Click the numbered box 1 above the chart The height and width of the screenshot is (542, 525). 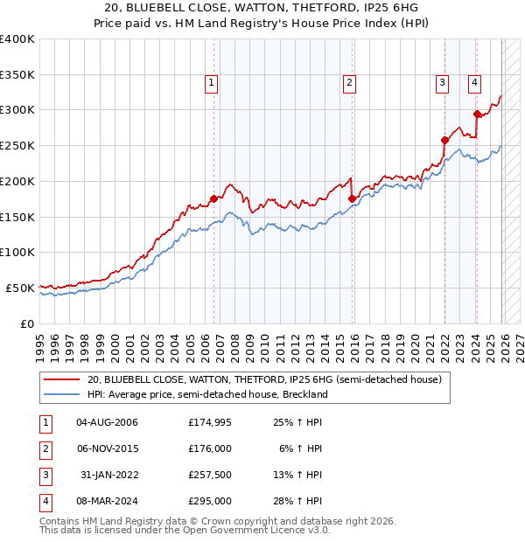point(212,83)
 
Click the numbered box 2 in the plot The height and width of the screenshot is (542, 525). point(349,83)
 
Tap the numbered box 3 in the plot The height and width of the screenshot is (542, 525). point(442,83)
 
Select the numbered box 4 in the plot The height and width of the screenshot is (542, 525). point(473,83)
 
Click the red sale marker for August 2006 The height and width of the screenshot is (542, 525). point(213,198)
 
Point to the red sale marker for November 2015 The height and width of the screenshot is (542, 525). point(352,198)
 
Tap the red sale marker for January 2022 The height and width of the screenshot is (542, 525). point(444,140)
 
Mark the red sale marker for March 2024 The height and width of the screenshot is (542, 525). point(477,113)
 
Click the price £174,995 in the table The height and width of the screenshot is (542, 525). point(210,422)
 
